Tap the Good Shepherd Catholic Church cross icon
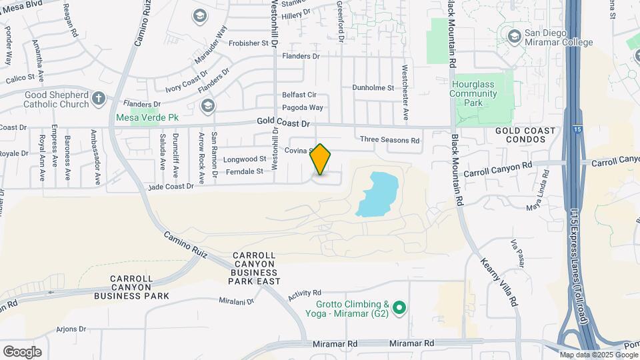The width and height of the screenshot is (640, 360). tap(99, 99)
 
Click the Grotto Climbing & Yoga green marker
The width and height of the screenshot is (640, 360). tap(399, 307)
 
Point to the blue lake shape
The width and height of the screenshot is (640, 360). tap(378, 193)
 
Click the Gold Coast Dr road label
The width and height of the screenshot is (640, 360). tap(284, 123)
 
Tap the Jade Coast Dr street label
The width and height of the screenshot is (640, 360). tap(171, 187)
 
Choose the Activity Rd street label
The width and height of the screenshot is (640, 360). tap(305, 293)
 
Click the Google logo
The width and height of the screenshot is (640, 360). tap(22, 351)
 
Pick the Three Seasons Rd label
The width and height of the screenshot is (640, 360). tap(389, 140)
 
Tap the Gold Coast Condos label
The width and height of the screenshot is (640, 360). tap(525, 135)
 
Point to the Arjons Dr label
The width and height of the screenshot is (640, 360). tap(71, 329)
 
